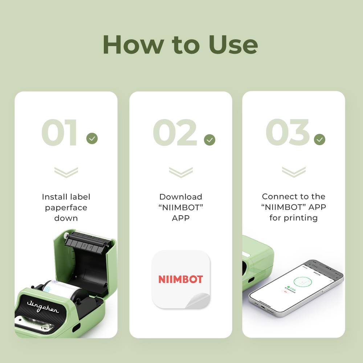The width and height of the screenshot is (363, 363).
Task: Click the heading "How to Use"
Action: (180, 45)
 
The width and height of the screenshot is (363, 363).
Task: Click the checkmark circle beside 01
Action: (92, 138)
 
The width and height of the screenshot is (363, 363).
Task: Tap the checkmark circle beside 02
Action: (209, 140)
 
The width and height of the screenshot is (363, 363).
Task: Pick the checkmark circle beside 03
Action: (319, 139)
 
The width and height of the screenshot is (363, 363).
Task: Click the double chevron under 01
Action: (66, 172)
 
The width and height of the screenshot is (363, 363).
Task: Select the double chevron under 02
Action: (180, 172)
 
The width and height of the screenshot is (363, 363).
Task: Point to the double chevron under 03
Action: (293, 172)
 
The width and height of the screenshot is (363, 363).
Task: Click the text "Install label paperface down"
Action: (66, 207)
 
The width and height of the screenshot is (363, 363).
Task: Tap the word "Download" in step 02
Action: (181, 197)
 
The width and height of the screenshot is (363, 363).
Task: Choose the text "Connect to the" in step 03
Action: (293, 196)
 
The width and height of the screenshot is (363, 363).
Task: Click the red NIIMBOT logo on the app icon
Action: (180, 279)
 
